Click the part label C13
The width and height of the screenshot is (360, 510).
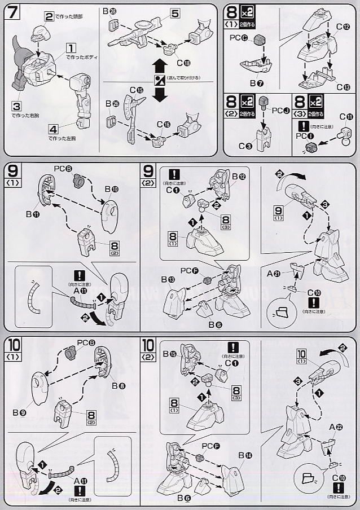pyautogui.click(x=343, y=86)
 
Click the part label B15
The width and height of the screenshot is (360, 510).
pyautogui.click(x=170, y=354)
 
